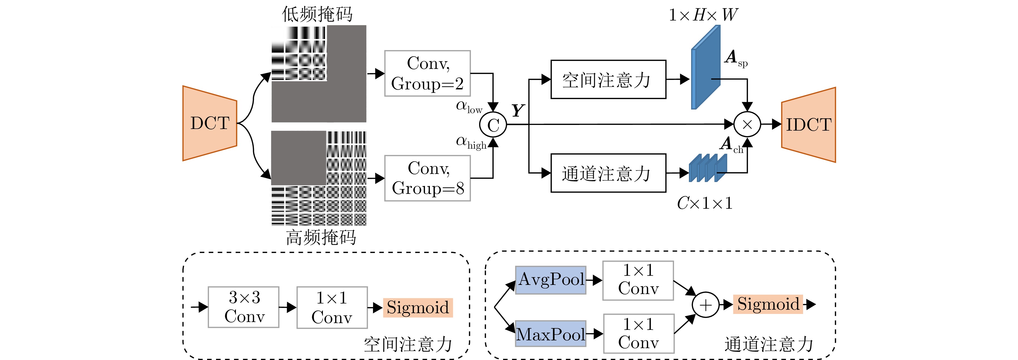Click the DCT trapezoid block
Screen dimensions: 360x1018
tap(210, 123)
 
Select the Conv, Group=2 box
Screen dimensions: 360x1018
tap(427, 74)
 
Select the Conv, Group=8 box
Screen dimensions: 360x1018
tap(427, 178)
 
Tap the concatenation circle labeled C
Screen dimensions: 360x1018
tap(493, 125)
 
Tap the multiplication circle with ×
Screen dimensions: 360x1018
tap(747, 124)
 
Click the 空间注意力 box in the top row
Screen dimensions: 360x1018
tap(608, 79)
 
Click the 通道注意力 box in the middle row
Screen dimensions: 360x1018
tap(608, 173)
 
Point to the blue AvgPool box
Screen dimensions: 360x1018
tap(550, 280)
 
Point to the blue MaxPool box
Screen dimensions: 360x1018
tap(550, 334)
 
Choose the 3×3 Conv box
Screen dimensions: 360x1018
tap(243, 307)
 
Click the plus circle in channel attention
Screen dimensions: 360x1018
tap(705, 305)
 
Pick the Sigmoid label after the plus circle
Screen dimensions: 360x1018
tap(768, 304)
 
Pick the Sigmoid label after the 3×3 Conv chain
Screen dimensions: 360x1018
tap(418, 307)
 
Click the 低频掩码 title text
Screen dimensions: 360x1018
tap(317, 14)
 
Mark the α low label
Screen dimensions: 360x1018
tap(469, 107)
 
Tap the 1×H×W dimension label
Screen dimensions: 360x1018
tap(703, 15)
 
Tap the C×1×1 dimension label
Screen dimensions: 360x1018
tap(704, 204)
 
